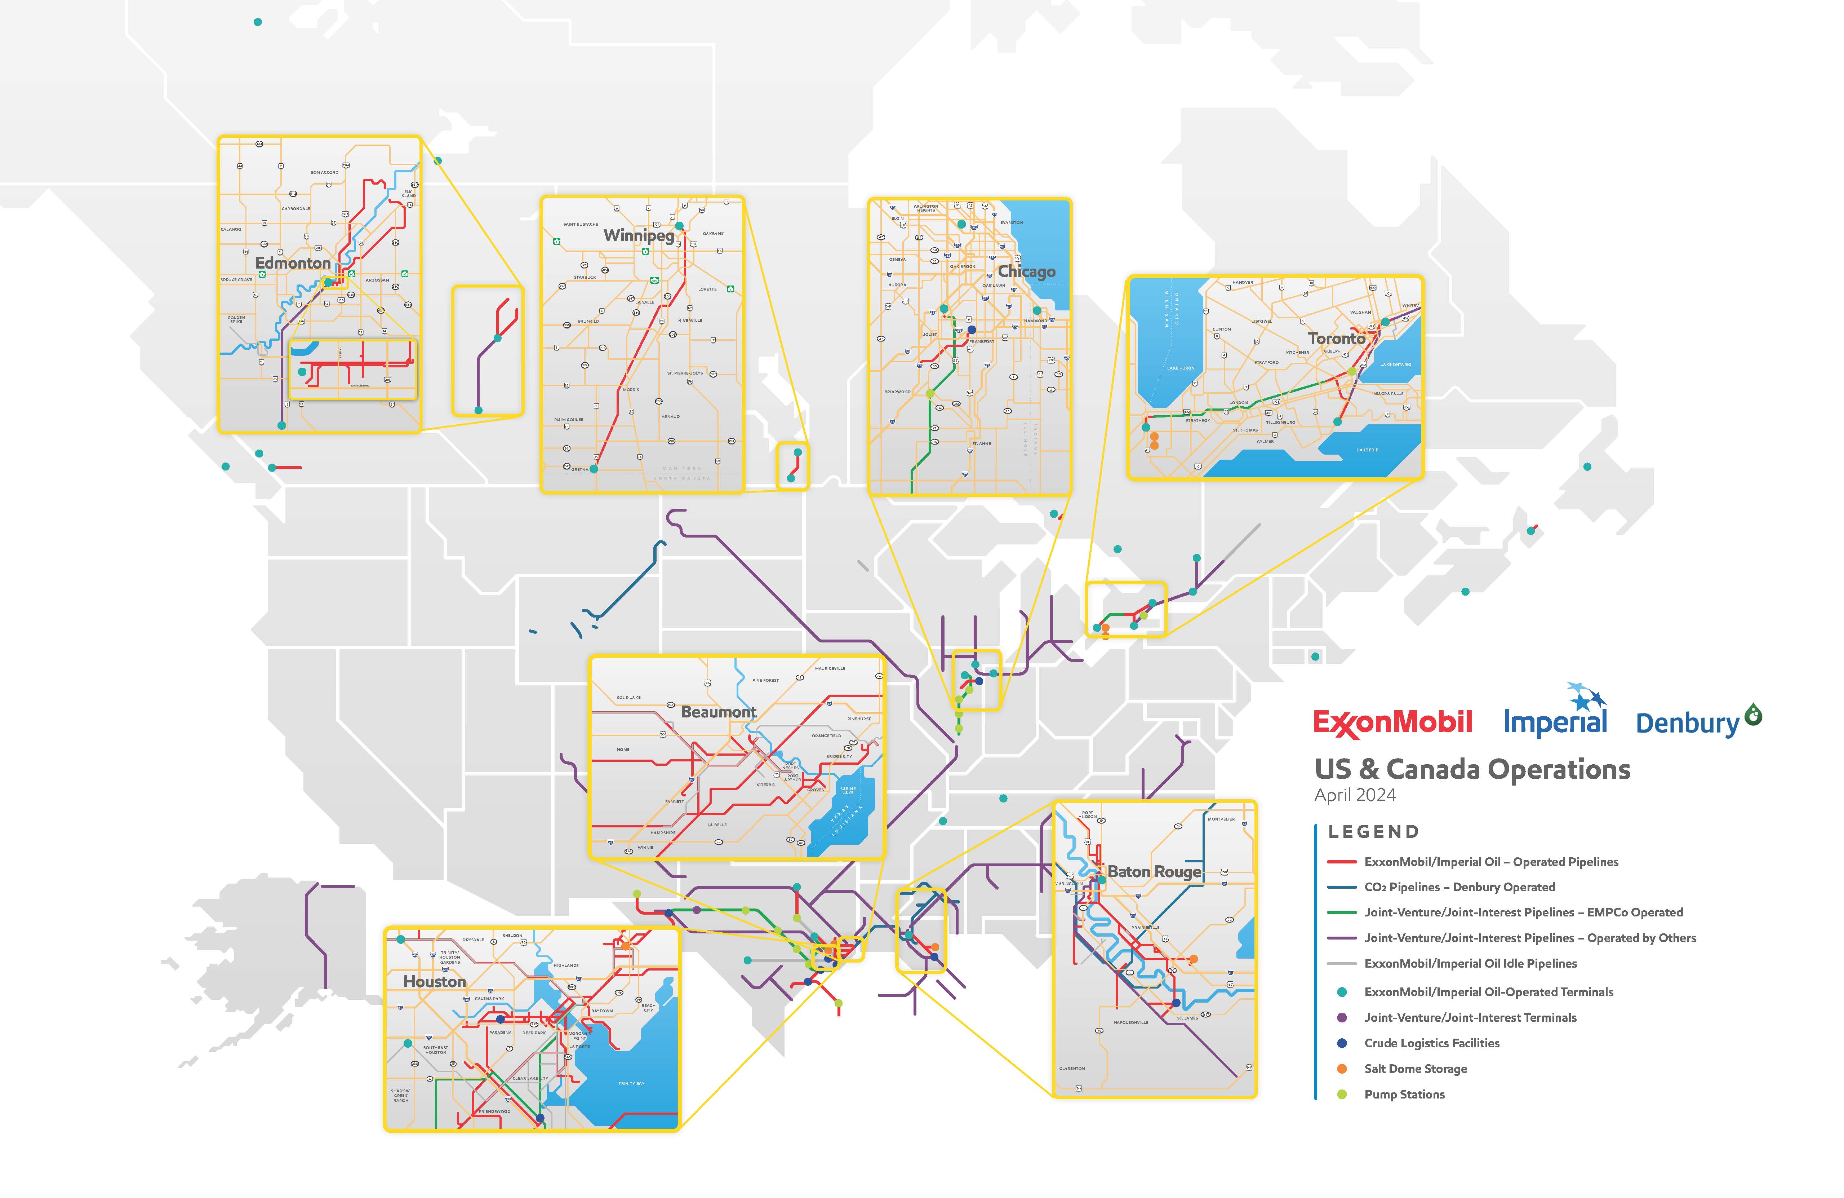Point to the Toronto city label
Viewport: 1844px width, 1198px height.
coord(1337,339)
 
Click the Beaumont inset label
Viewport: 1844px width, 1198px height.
coord(718,711)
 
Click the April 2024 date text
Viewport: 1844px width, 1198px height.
coord(1355,795)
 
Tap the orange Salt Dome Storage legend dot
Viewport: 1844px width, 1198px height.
coord(1342,1069)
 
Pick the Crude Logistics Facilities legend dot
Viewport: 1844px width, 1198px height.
coord(1342,1043)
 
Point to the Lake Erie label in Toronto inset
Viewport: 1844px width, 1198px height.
coord(1368,450)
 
